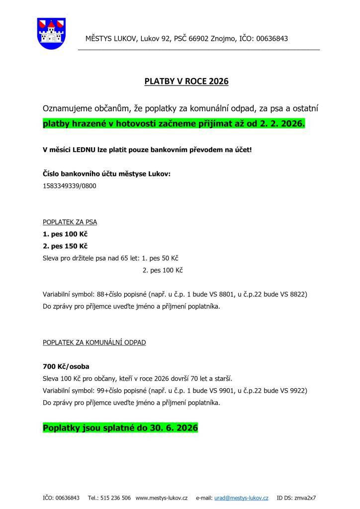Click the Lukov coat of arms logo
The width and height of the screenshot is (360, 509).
51,33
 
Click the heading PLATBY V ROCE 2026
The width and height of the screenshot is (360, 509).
186,81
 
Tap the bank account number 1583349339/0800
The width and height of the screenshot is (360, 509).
70,186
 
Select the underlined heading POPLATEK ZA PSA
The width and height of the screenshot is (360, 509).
70,222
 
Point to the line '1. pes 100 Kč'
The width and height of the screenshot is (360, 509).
66,234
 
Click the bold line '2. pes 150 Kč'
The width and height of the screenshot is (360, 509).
66,246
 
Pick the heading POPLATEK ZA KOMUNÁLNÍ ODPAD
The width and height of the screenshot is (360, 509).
94,342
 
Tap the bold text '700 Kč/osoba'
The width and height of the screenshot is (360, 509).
66,367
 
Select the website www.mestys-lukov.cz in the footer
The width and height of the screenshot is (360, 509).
161,497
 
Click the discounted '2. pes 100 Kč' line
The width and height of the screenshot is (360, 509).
163,270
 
